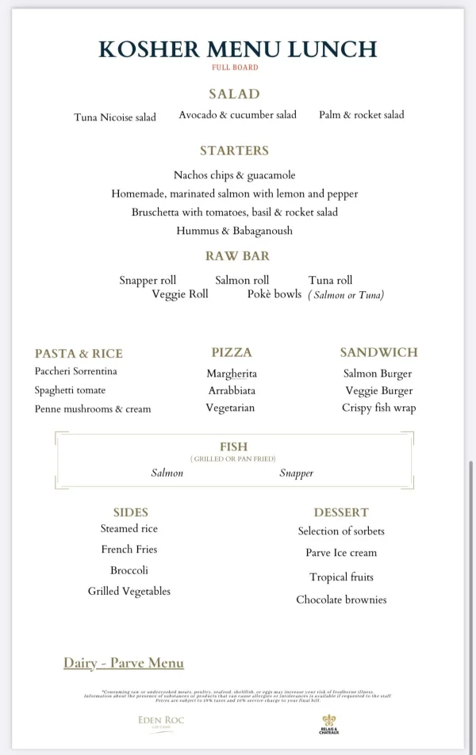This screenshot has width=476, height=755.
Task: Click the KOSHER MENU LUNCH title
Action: pos(237,48)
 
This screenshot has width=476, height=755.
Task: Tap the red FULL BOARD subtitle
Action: pos(235,67)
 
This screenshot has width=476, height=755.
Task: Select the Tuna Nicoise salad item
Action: pos(115,117)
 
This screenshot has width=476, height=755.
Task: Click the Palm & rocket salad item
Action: pos(361,115)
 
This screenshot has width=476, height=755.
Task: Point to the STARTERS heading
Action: pos(234,151)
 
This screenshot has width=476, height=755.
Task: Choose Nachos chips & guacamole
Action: pos(234,175)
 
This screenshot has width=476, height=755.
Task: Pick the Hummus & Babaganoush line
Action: pos(234,231)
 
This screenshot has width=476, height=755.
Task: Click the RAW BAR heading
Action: pos(237,256)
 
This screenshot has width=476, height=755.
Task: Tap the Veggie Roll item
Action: pos(180,294)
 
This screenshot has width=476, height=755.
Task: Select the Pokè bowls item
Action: pos(274,294)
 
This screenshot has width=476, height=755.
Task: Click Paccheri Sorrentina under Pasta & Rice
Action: pos(76,371)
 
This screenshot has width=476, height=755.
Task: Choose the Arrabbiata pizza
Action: pos(232,391)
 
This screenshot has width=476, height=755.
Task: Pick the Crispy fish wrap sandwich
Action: pos(378,408)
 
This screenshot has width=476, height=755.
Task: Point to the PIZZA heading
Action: pos(232,352)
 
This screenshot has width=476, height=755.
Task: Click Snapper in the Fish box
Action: pos(296,473)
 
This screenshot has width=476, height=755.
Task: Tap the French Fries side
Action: pos(129,550)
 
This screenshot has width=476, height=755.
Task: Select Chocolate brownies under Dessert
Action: pos(341,600)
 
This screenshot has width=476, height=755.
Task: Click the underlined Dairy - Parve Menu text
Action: pos(124,663)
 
